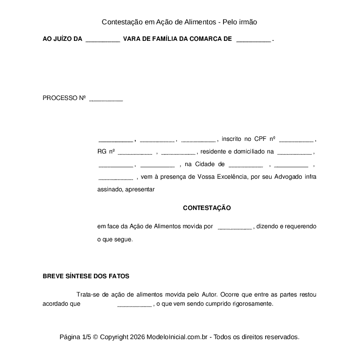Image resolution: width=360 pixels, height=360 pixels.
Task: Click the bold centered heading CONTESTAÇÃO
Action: (x=207, y=208)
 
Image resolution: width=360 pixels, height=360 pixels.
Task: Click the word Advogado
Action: (x=290, y=177)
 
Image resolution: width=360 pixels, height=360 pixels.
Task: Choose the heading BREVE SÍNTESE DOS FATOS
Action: (x=86, y=276)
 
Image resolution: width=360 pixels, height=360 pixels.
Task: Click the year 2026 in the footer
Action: (x=137, y=337)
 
